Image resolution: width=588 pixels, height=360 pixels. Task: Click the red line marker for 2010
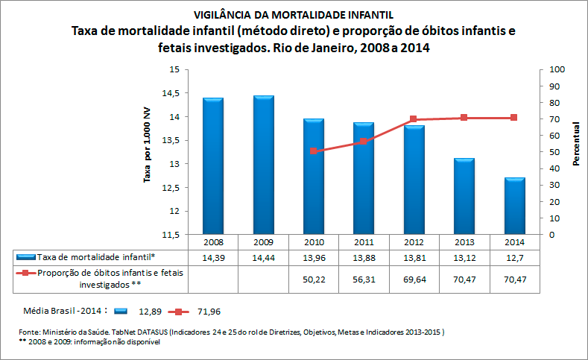tap(314, 151)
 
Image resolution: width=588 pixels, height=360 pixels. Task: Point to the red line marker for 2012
tap(414, 119)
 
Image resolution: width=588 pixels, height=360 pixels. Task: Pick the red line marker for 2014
tap(514, 118)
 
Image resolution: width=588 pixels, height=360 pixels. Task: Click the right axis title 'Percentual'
tap(577, 145)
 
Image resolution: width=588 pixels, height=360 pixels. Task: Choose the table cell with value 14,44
tap(263, 256)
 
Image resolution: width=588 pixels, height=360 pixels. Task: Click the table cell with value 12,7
tap(514, 256)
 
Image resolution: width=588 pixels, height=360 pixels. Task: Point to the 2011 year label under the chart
tap(364, 241)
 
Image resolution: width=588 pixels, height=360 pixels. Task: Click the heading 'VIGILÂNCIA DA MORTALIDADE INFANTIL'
tap(293, 15)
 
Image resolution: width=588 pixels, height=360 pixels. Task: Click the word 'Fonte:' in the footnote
tap(30, 330)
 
